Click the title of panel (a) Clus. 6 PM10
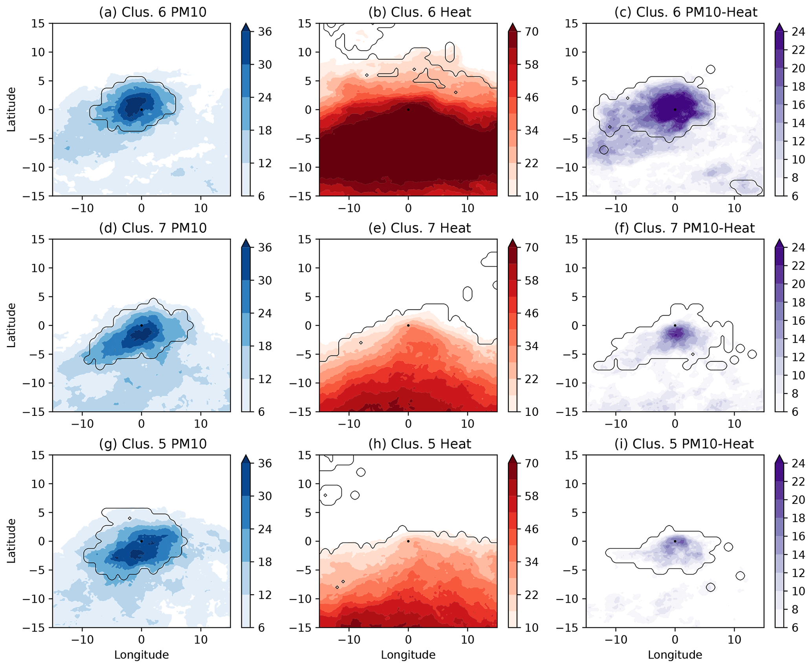152,12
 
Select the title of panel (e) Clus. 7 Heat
419,228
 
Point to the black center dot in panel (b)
408,110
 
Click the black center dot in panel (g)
141,541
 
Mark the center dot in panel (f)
675,326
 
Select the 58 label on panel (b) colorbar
532,65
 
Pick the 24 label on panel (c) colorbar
798,32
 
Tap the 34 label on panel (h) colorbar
532,562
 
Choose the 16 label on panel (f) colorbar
798,320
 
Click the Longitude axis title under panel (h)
408,655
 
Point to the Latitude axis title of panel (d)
11,325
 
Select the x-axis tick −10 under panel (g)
82,639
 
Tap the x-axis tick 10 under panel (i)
734,639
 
